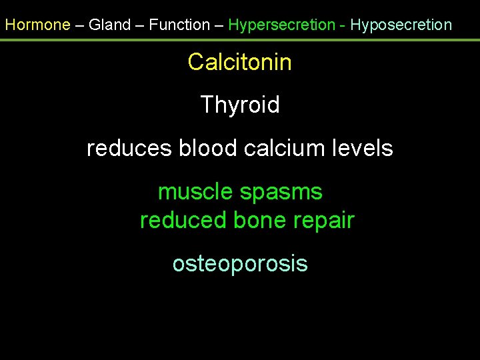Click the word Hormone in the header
pos(37,25)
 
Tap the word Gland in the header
pos(110,25)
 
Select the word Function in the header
pos(179,25)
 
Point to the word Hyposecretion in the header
pos(401,25)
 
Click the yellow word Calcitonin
pos(240,63)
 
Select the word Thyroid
pos(240,105)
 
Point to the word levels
pos(365,148)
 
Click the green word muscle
pos(195,192)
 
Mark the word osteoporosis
pos(240,264)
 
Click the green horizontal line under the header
pos(240,40)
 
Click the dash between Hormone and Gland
pos(79,25)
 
